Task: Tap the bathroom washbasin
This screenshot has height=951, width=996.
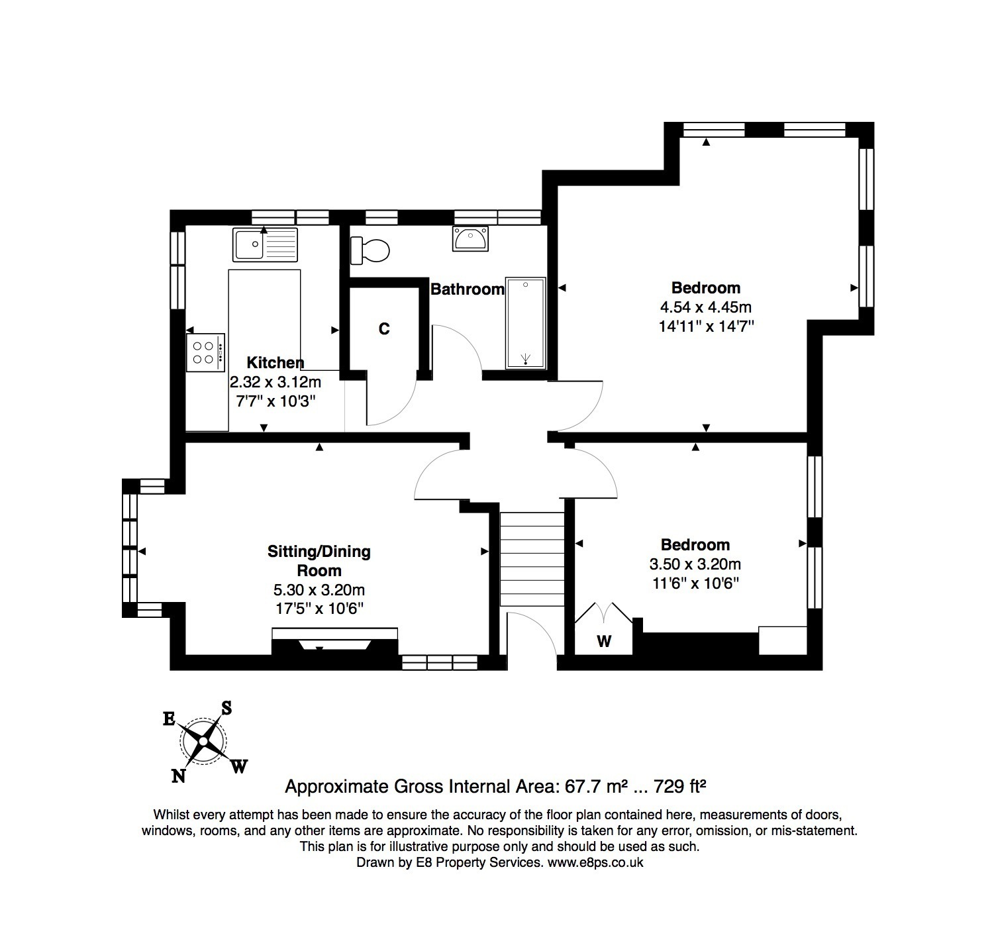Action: click(x=471, y=238)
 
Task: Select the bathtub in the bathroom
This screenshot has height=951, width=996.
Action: click(x=526, y=323)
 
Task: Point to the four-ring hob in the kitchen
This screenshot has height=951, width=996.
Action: click(x=205, y=352)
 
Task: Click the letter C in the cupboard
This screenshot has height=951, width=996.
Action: click(x=384, y=329)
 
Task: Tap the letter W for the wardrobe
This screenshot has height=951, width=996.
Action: click(x=604, y=641)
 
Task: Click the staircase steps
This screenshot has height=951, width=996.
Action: click(x=531, y=558)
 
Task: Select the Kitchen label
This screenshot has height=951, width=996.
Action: click(x=275, y=362)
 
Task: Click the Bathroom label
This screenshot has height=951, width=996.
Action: click(x=468, y=289)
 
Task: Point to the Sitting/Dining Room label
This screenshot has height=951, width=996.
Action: click(x=319, y=561)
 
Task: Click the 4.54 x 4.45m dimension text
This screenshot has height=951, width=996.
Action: click(x=706, y=307)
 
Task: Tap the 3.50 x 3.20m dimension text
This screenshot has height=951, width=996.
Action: click(x=695, y=564)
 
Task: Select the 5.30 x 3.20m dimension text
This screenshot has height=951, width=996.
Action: click(x=320, y=590)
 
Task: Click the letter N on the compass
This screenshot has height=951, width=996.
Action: click(x=178, y=776)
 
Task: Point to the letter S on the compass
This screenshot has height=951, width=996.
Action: click(x=226, y=708)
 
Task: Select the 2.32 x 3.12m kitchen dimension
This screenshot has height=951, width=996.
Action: click(x=275, y=381)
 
